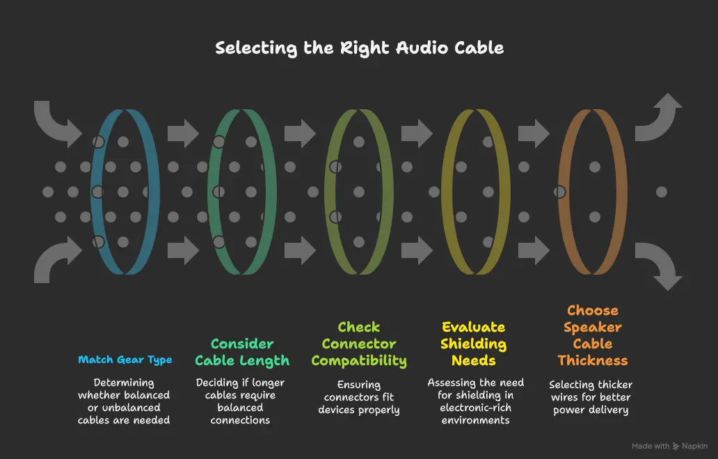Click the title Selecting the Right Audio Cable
(x=359, y=48)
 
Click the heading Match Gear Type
(x=125, y=360)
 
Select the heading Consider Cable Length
(x=241, y=352)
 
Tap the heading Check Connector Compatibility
(x=359, y=344)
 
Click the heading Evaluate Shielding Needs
(x=474, y=344)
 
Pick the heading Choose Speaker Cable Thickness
(x=592, y=335)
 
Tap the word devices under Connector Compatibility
(x=340, y=410)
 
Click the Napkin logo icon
(x=678, y=446)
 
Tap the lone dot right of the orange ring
(x=661, y=191)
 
